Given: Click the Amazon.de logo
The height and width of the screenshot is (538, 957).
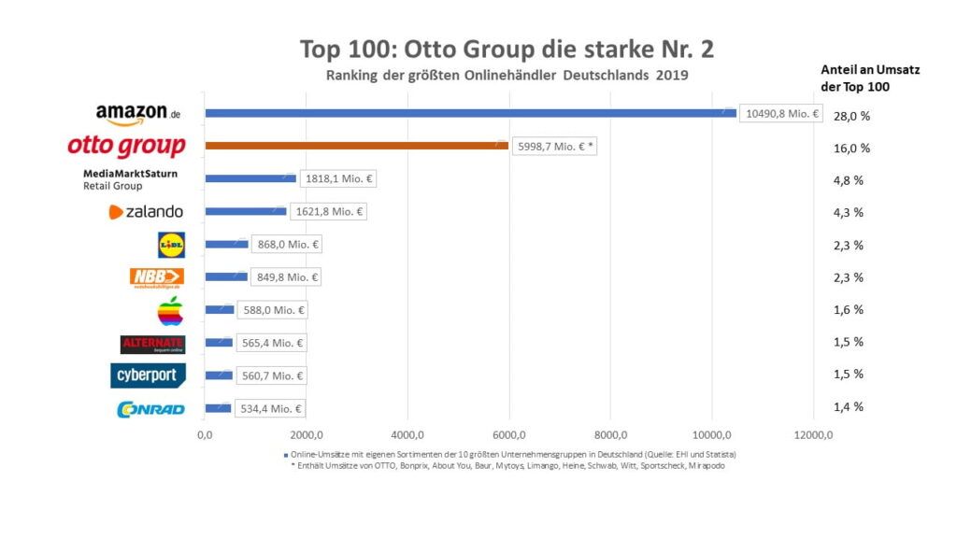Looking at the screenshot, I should [136, 114].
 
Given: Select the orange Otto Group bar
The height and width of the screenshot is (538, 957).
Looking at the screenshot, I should [356, 146].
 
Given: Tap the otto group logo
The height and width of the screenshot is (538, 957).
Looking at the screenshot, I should [126, 147].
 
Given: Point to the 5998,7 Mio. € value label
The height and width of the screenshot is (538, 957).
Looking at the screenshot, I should [554, 147].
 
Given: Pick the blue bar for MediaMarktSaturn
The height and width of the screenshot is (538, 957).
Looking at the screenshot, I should [250, 178].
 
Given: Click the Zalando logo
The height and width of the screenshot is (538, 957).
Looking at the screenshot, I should [146, 212].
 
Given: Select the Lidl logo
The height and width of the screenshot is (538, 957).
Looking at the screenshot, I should [171, 245].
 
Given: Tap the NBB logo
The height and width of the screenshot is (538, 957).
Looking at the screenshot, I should [156, 277].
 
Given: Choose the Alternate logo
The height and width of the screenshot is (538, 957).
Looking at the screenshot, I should [153, 345].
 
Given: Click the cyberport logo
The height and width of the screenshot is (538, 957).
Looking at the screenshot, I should [148, 375].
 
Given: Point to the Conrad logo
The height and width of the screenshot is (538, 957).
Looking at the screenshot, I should [150, 409].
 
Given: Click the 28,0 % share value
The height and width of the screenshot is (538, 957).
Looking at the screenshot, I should [851, 116].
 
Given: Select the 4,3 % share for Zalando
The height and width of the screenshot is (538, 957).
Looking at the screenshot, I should [848, 213].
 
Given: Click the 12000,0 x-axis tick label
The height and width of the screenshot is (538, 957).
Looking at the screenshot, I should [812, 435].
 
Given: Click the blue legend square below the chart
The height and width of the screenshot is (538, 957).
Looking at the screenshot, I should [285, 454].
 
